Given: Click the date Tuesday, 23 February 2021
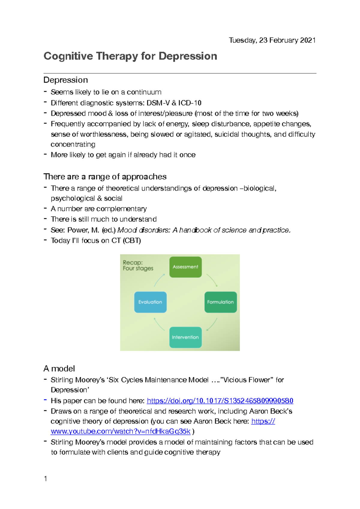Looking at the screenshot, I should pos(272,40).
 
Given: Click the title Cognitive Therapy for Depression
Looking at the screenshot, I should pos(130,56).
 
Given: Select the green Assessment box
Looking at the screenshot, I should pos(185,267).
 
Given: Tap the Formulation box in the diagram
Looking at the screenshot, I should pos(220,302).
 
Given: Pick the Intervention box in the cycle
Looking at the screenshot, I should pos(185,337).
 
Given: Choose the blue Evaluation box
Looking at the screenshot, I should pos(150,302).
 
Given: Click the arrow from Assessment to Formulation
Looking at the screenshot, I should pos(212,280).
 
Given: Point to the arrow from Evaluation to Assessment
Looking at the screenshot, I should pos(159,280).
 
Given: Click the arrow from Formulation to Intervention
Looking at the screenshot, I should pos(212,324).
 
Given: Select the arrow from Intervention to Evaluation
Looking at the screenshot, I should pos(159,324).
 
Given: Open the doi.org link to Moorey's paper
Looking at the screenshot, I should pos(220,401).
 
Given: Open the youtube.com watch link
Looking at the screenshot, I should pos(121,431).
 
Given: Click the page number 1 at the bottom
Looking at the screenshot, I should pos(46,479).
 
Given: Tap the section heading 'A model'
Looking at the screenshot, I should pos(59,369).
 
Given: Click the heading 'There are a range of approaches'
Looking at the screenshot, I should pos(105,176).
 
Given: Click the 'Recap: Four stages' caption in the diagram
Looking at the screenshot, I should pos(138,265).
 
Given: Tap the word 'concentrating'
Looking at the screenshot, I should pos(73,144).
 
